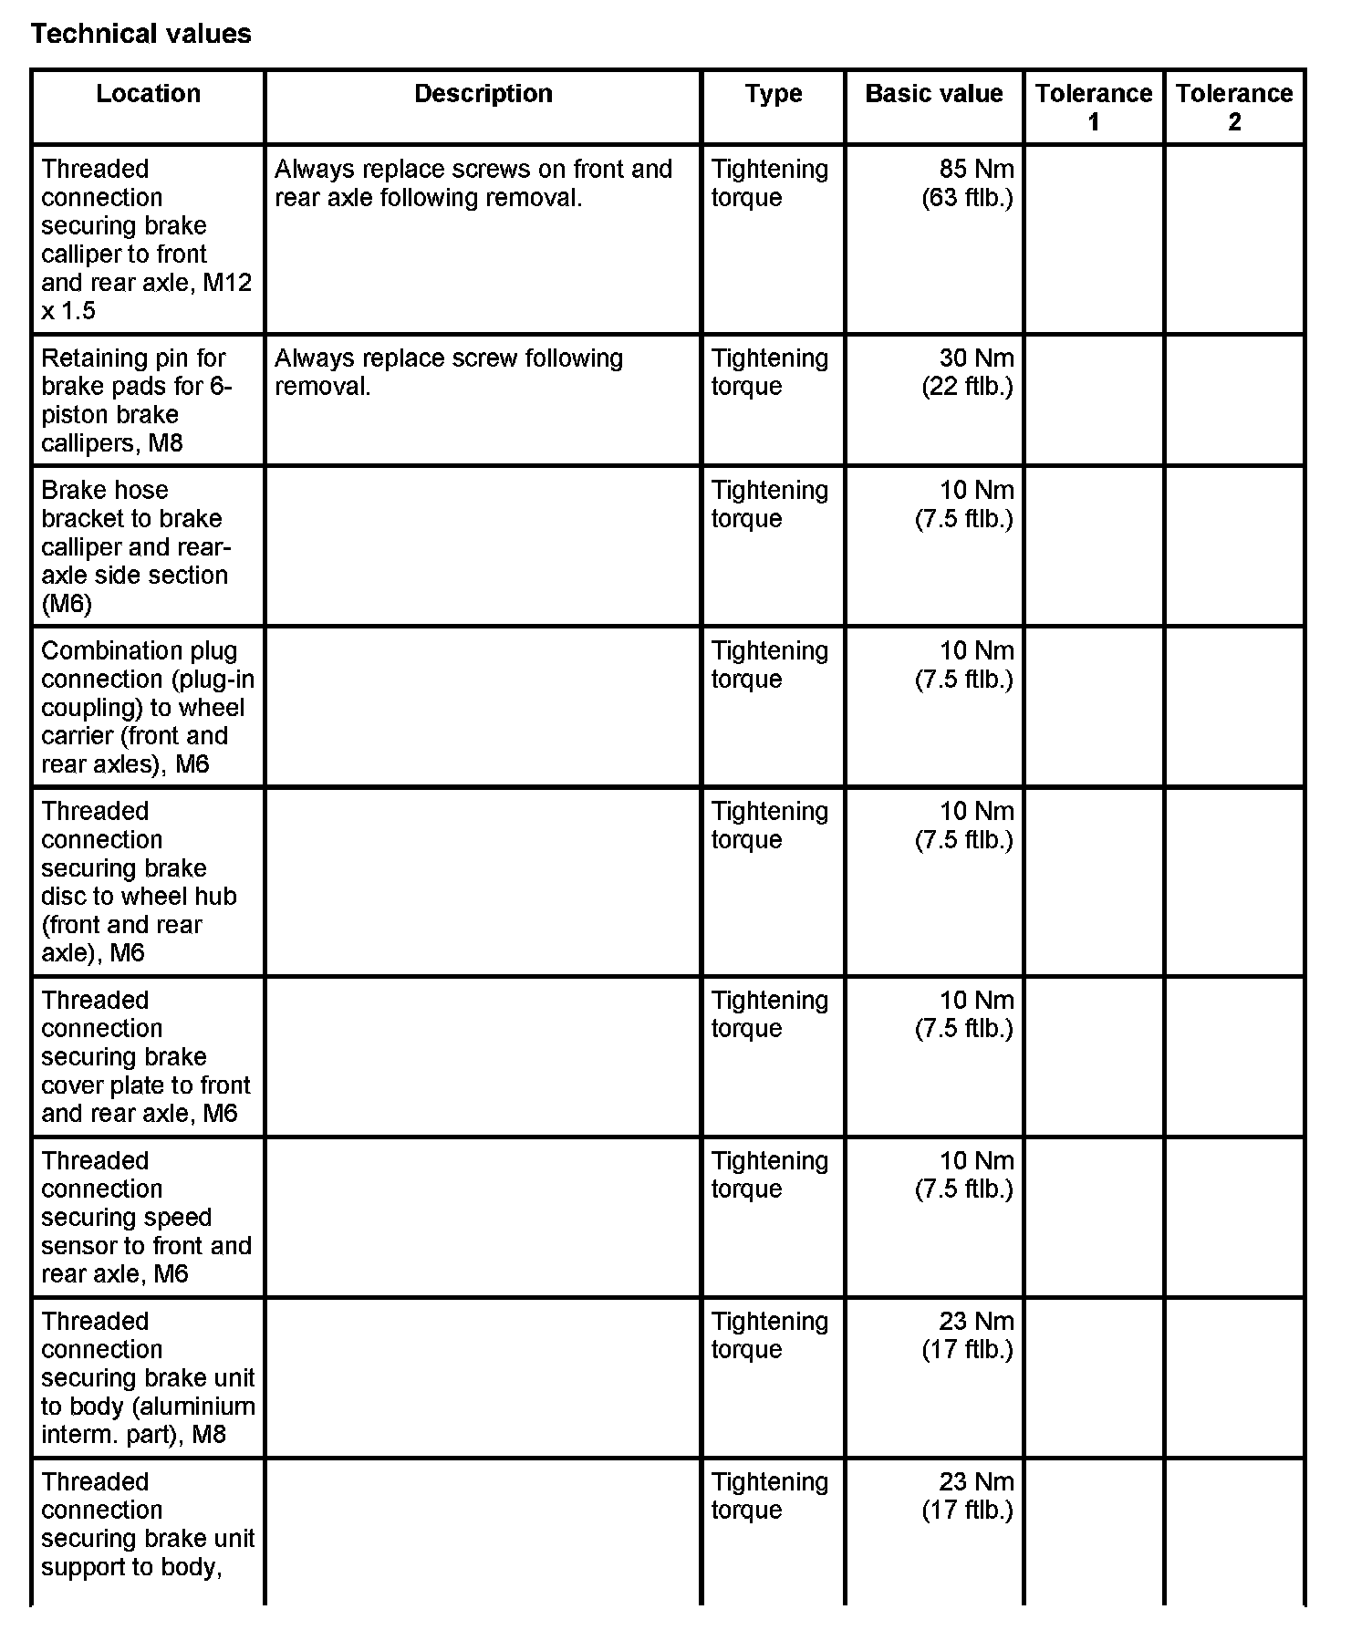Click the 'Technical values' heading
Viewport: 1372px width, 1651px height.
(x=141, y=34)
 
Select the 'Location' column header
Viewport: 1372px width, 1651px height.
(x=148, y=94)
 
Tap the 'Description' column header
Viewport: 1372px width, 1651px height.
(x=483, y=94)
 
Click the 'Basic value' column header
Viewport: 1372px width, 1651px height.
(x=933, y=94)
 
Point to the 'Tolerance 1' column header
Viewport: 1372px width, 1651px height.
(x=1093, y=107)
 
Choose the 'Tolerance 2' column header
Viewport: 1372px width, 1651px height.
(x=1233, y=107)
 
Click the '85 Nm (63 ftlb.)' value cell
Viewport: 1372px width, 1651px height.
(x=968, y=183)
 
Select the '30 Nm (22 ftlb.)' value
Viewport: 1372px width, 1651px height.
(x=968, y=372)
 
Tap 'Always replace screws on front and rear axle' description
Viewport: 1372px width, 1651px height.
(x=473, y=183)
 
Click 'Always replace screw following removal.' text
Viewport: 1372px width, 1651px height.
(x=448, y=372)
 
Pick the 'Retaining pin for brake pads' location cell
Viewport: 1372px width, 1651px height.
(x=137, y=400)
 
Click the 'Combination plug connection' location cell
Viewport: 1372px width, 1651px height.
(x=147, y=707)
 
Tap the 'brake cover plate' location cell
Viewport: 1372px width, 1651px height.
(x=145, y=1056)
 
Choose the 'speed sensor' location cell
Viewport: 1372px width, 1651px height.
(x=145, y=1217)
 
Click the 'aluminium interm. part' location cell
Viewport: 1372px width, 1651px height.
(x=147, y=1377)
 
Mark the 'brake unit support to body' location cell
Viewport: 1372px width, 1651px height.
(x=147, y=1524)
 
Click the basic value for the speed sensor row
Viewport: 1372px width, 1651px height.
(x=965, y=1175)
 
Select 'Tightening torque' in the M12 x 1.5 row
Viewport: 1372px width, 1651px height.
(x=769, y=183)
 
